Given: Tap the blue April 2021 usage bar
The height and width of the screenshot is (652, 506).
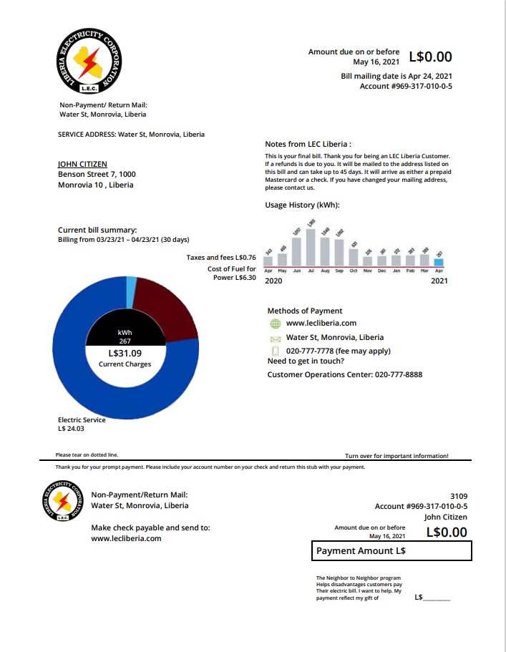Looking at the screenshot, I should [439, 263].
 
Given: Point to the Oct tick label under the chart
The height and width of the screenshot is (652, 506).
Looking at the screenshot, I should [354, 271].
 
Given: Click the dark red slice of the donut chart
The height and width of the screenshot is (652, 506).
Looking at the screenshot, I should [165, 308].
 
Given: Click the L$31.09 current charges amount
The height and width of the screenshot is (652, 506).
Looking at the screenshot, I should [125, 353].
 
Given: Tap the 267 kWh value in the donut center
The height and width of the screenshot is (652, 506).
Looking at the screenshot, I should [125, 341].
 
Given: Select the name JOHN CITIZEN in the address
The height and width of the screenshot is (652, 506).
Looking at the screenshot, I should [82, 164].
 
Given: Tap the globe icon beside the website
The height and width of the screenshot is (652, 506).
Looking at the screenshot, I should [275, 323].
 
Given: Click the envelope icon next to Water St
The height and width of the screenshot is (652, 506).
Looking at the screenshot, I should [275, 338].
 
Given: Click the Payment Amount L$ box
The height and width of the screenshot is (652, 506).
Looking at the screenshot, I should [391, 551].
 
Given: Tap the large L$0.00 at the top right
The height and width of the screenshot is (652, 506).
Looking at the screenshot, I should [430, 57].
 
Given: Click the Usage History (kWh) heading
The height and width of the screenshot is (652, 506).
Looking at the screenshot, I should [302, 205].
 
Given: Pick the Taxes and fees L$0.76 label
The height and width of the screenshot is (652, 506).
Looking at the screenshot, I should [221, 257].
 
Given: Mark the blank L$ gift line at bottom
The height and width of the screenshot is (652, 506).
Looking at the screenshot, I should [437, 598].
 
